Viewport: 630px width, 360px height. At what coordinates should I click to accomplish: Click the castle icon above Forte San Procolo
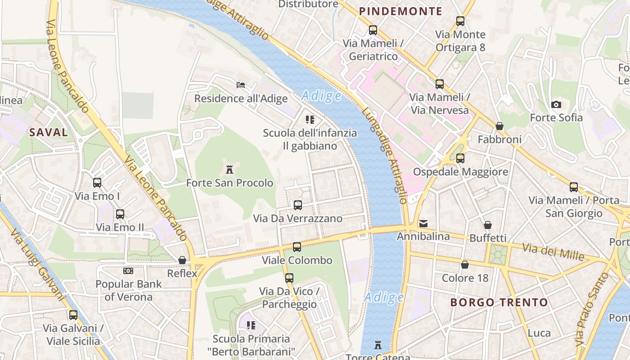tap(229, 170)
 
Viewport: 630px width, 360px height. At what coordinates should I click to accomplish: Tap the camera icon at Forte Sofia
tap(556, 104)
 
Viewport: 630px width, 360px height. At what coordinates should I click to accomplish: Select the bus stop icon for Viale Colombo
tap(297, 247)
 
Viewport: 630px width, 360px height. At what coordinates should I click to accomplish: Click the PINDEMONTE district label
tap(400, 12)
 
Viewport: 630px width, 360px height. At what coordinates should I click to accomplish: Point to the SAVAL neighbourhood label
tap(49, 132)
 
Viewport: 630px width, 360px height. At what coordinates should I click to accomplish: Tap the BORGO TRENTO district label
tap(499, 302)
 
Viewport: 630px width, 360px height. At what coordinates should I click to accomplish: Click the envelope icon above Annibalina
tap(423, 223)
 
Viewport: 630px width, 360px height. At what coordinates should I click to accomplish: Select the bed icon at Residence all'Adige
tap(241, 85)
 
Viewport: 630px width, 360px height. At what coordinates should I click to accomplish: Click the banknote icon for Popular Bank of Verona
tap(128, 271)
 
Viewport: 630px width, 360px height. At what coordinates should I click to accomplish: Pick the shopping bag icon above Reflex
tap(182, 260)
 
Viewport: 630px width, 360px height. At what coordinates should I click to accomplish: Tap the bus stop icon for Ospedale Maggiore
tap(460, 158)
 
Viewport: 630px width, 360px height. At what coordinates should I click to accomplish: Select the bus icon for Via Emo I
tap(97, 183)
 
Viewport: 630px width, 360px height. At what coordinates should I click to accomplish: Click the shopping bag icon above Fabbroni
tap(499, 126)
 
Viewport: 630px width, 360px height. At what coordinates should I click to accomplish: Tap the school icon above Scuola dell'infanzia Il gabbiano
tap(310, 120)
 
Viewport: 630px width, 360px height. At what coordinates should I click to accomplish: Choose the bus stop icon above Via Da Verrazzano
tap(297, 205)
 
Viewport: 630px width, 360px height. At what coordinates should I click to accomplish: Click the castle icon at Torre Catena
tap(378, 345)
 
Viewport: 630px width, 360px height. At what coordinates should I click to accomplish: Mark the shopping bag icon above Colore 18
tap(465, 265)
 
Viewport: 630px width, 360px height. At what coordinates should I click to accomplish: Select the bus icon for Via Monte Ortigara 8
tap(460, 21)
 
